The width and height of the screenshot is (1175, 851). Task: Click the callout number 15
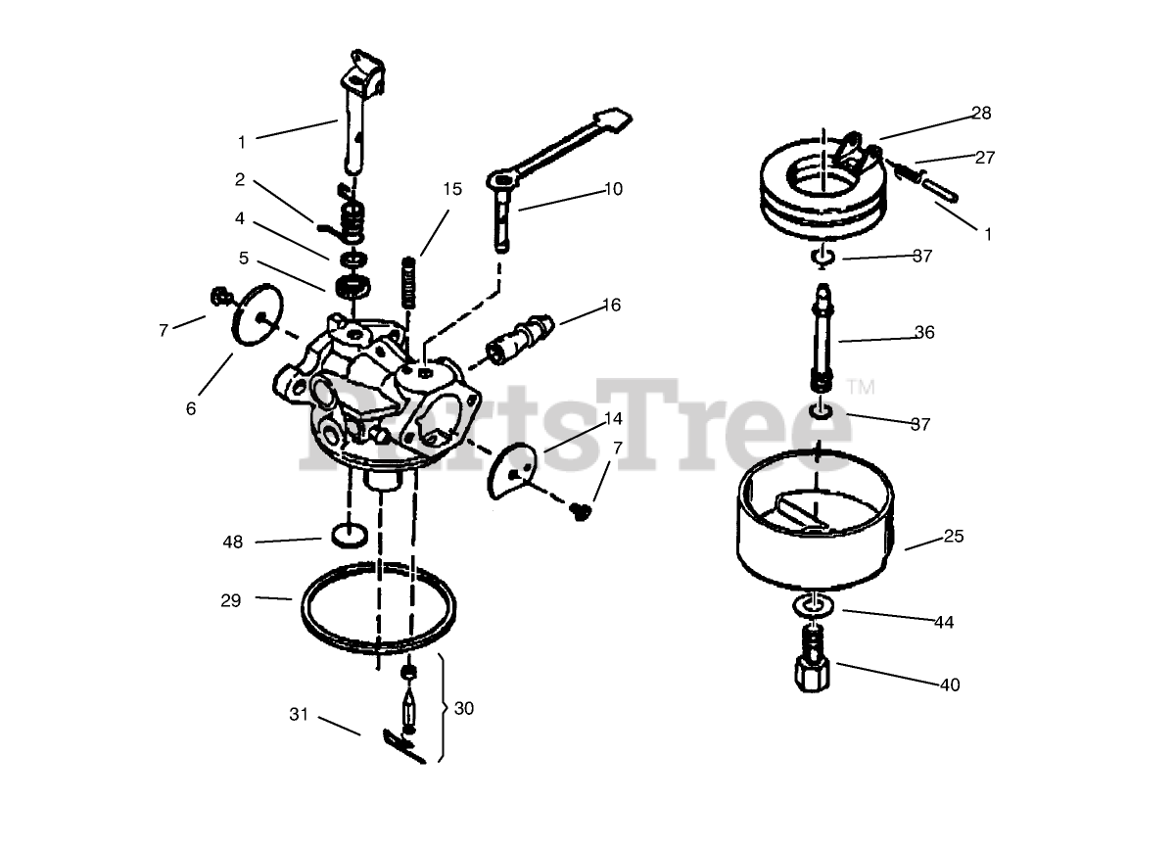pyautogui.click(x=452, y=189)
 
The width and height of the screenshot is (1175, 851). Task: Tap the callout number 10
pyautogui.click(x=613, y=189)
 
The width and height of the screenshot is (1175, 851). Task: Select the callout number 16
pyautogui.click(x=612, y=305)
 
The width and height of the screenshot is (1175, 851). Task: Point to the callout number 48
pyautogui.click(x=233, y=542)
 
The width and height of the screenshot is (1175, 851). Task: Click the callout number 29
pyautogui.click(x=231, y=600)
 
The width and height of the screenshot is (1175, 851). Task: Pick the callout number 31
pyautogui.click(x=299, y=714)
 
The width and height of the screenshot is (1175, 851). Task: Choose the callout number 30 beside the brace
pyautogui.click(x=464, y=708)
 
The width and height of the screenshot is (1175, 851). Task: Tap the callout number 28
pyautogui.click(x=981, y=113)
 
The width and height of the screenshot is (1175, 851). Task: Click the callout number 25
pyautogui.click(x=954, y=536)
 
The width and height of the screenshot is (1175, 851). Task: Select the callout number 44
pyautogui.click(x=944, y=622)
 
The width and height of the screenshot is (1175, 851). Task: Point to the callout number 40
pyautogui.click(x=950, y=685)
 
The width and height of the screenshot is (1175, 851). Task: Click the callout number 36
pyautogui.click(x=924, y=332)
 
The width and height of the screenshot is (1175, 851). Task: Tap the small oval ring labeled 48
pyautogui.click(x=350, y=535)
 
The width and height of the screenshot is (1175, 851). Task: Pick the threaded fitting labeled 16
pyautogui.click(x=520, y=339)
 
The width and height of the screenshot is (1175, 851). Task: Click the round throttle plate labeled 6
pyautogui.click(x=258, y=314)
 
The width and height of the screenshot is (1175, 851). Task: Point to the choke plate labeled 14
pyautogui.click(x=513, y=470)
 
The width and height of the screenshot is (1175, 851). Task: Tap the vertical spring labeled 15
pyautogui.click(x=409, y=282)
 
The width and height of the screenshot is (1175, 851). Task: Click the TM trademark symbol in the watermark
pyautogui.click(x=861, y=387)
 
